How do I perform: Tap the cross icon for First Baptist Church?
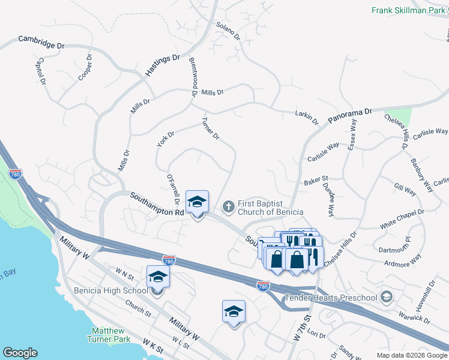(x=228, y=207)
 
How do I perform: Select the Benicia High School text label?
(x=110, y=291)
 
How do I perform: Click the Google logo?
(x=20, y=353)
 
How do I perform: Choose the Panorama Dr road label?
(x=351, y=116)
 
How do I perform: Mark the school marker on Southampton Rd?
(x=196, y=202)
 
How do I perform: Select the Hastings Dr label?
(x=162, y=65)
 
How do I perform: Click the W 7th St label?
(x=301, y=326)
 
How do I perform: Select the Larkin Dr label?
(x=306, y=116)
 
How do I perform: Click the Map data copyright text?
(x=412, y=355)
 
